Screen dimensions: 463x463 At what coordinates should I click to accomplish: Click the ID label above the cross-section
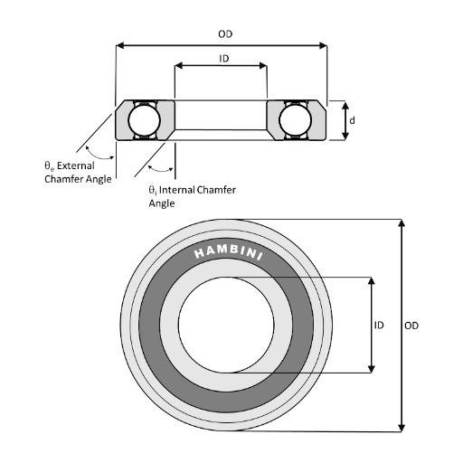point(222,57)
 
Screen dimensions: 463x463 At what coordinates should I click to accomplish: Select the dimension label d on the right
point(352,119)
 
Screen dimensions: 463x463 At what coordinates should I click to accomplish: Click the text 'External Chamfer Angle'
point(79,173)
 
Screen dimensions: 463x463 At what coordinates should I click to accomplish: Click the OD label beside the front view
point(412,325)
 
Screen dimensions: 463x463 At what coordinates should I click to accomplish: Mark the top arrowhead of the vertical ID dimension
point(371,281)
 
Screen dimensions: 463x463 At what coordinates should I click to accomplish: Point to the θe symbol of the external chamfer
point(49,166)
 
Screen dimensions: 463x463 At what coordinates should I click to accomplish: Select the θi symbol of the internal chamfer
point(153,191)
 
